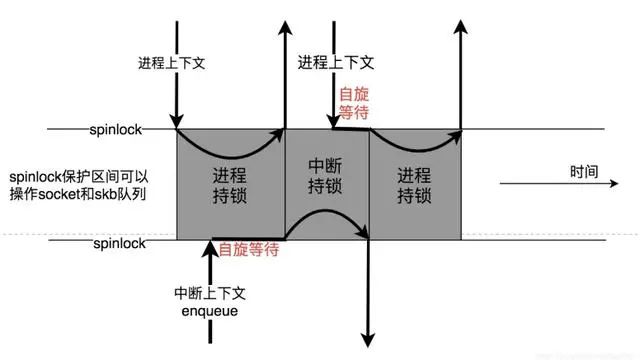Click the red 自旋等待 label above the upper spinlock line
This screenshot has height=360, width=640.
point(354,103)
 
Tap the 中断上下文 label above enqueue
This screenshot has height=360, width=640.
point(209,294)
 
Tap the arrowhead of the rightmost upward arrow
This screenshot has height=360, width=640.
point(460,23)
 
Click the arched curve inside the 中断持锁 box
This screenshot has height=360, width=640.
point(327,215)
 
